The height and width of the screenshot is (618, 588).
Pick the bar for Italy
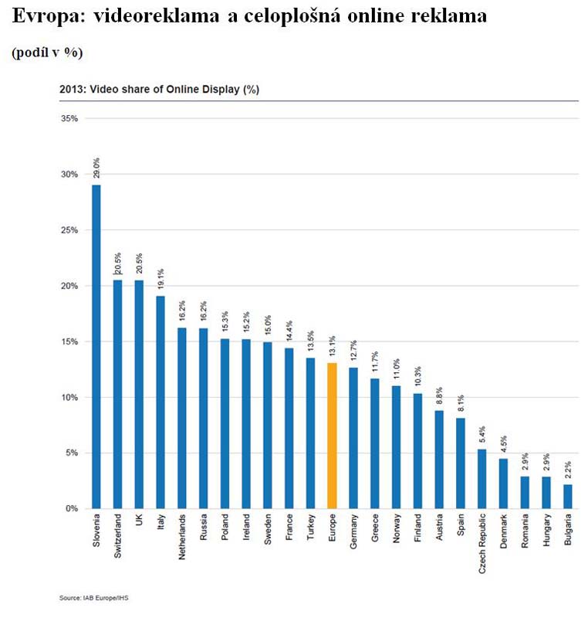pyautogui.click(x=161, y=402)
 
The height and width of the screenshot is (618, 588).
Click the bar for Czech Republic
pyautogui.click(x=482, y=478)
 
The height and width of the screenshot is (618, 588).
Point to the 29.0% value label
pyautogui.click(x=96, y=168)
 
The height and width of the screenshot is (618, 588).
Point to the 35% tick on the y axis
pyautogui.click(x=70, y=119)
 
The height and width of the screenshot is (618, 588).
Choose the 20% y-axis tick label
pyautogui.click(x=70, y=286)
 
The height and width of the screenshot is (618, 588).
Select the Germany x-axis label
pyautogui.click(x=353, y=533)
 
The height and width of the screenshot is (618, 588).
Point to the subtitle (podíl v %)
pyautogui.click(x=47, y=52)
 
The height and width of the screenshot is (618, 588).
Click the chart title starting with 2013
pyautogui.click(x=159, y=90)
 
